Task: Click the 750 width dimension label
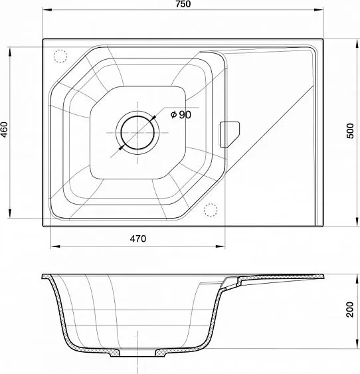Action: point(183,4)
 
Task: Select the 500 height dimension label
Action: point(350,131)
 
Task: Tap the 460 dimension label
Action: point(4,130)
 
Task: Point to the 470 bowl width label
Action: point(138,238)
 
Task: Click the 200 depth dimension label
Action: point(350,310)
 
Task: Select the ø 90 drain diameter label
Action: point(181,115)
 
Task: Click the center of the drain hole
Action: point(137,133)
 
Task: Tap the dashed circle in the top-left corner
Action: point(60,56)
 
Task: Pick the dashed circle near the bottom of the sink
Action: point(211,210)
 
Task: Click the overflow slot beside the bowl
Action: point(229,135)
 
